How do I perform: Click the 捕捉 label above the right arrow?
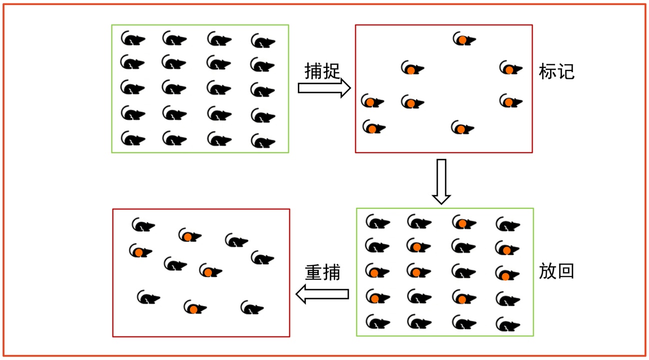coord(322,71)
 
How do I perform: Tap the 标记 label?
coord(557,72)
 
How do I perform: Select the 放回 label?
coord(557,271)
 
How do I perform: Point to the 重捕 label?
coord(322,273)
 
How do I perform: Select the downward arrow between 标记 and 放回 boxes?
coord(441,181)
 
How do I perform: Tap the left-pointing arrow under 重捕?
coord(322,294)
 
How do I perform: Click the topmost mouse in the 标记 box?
coord(464,39)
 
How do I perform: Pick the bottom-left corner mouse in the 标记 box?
coord(373,128)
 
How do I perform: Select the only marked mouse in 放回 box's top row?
coord(464,223)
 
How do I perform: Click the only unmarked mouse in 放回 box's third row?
coord(464,272)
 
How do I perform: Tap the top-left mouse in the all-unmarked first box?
coord(132,38)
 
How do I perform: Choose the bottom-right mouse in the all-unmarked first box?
coord(262,141)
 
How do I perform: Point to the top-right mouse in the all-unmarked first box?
coord(262,41)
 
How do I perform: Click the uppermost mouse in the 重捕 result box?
coord(143,226)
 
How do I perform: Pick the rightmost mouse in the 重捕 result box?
coord(262,258)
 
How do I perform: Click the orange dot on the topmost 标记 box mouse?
coord(463,39)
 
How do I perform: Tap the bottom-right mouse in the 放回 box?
coord(508,325)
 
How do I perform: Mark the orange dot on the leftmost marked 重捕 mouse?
coord(138,253)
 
